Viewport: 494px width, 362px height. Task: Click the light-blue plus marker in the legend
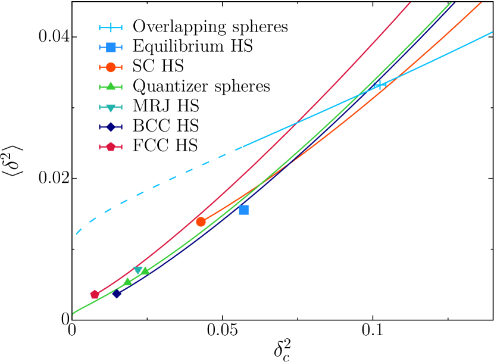(x=111, y=27)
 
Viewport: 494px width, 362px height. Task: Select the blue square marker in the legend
(x=111, y=47)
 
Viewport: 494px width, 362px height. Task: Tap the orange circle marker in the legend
(x=111, y=67)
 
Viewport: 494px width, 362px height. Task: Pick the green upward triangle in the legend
(x=111, y=86)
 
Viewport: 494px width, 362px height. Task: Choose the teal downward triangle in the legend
(x=111, y=108)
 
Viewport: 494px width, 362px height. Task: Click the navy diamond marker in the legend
(x=111, y=127)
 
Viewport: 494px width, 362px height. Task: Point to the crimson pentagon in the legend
(x=111, y=146)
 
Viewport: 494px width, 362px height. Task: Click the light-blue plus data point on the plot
(x=379, y=85)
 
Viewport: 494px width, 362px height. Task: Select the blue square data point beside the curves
(x=243, y=210)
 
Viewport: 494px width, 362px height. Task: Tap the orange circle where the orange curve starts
(x=201, y=221)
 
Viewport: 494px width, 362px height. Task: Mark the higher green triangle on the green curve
(x=145, y=271)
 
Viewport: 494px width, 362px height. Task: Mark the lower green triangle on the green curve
(x=127, y=282)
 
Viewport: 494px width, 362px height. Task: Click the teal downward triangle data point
(x=138, y=271)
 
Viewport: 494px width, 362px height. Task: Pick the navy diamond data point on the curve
(x=117, y=293)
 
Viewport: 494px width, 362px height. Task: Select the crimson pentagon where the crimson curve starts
(x=95, y=294)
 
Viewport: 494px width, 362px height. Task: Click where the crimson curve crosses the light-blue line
(x=296, y=124)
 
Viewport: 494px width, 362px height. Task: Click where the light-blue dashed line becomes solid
(x=236, y=149)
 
